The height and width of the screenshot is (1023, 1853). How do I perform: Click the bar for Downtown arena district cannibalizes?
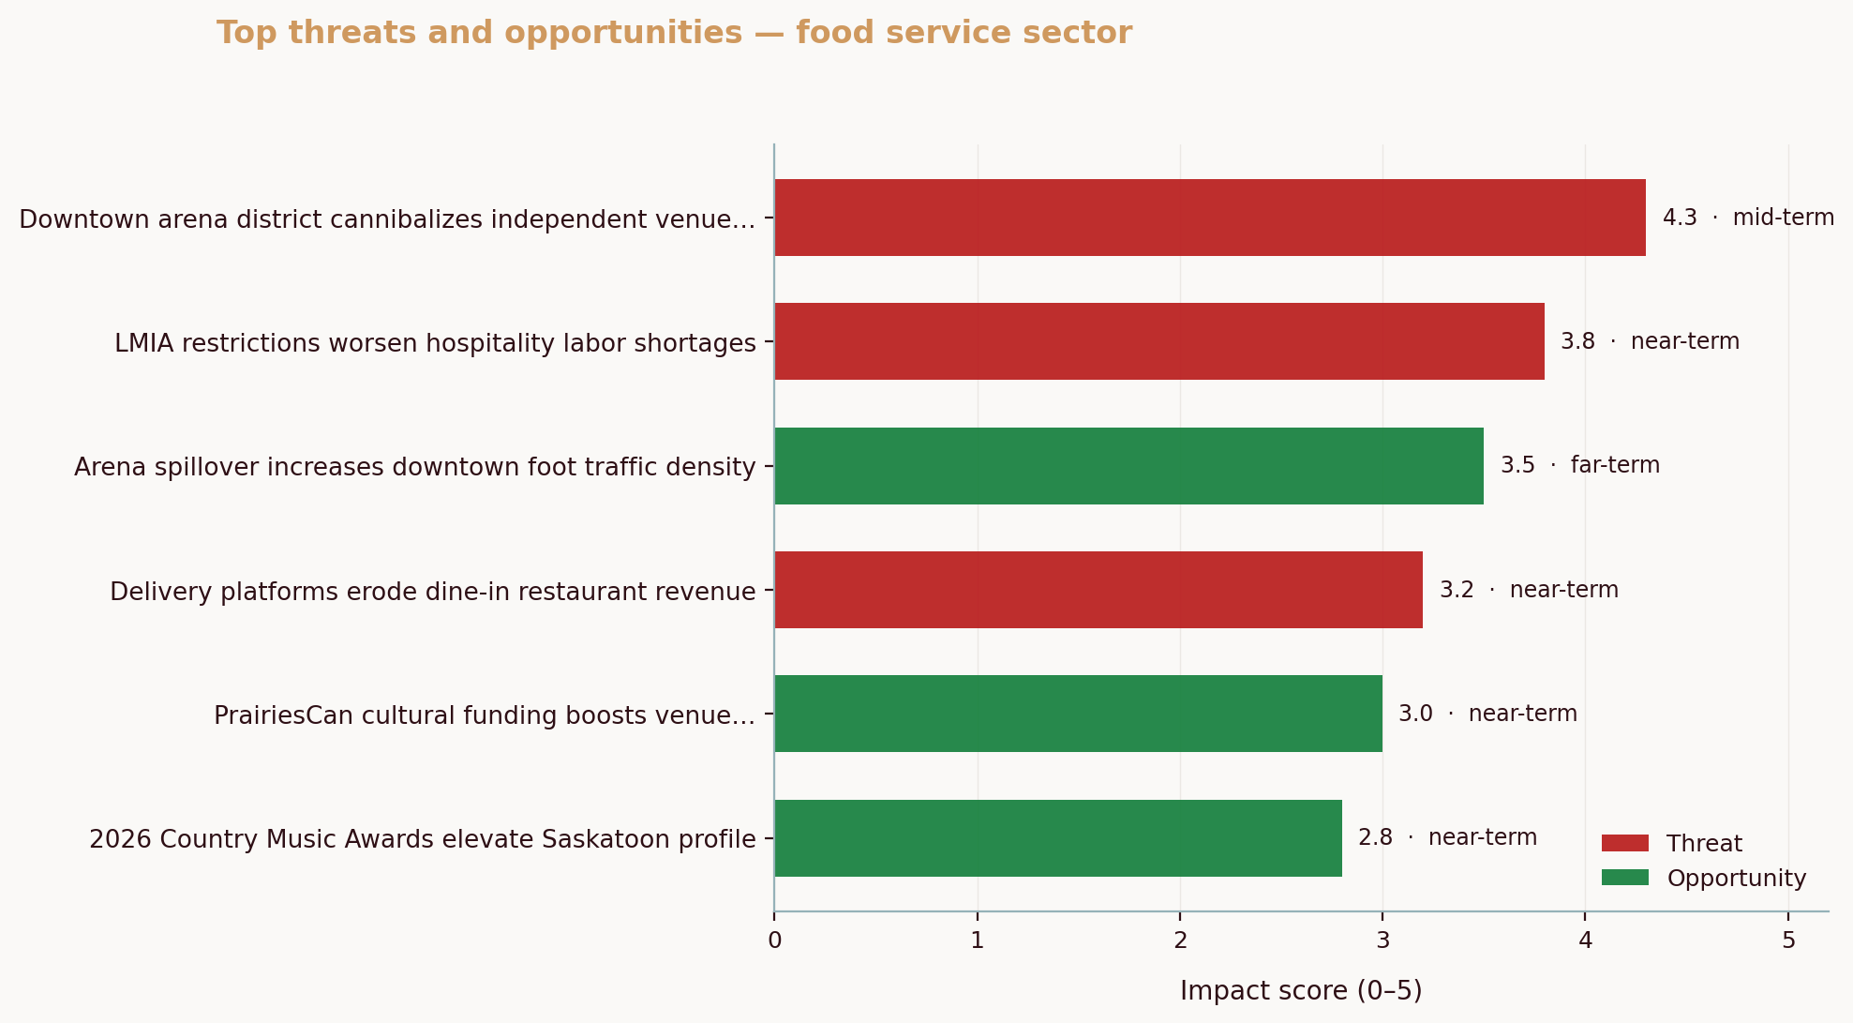[x=1209, y=218]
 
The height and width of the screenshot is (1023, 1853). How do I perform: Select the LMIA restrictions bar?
[x=1158, y=341]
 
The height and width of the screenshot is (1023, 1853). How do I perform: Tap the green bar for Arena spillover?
[x=1128, y=466]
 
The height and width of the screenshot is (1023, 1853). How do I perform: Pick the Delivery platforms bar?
[x=1098, y=590]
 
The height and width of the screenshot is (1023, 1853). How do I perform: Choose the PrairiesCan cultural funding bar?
[x=1078, y=714]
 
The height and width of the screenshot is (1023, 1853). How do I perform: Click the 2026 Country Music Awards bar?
[x=1057, y=838]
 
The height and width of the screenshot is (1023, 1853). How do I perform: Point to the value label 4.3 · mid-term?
[x=1748, y=218]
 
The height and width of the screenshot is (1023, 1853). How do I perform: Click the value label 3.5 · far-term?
[x=1579, y=465]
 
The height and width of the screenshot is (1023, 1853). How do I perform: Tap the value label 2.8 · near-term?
[x=1447, y=837]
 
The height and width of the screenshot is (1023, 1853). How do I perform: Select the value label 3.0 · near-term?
[x=1487, y=714]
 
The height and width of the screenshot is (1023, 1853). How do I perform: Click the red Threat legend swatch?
[x=1624, y=843]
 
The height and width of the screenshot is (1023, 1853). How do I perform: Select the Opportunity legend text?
[x=1736, y=879]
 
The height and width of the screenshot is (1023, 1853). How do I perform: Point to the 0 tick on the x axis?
[x=774, y=940]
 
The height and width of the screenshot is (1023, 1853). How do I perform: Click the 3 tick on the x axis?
[x=1382, y=940]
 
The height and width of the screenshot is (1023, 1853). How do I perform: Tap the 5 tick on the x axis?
[x=1788, y=940]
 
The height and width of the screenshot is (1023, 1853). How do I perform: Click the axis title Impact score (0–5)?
[x=1301, y=991]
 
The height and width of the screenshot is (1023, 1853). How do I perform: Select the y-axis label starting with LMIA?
[x=435, y=343]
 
